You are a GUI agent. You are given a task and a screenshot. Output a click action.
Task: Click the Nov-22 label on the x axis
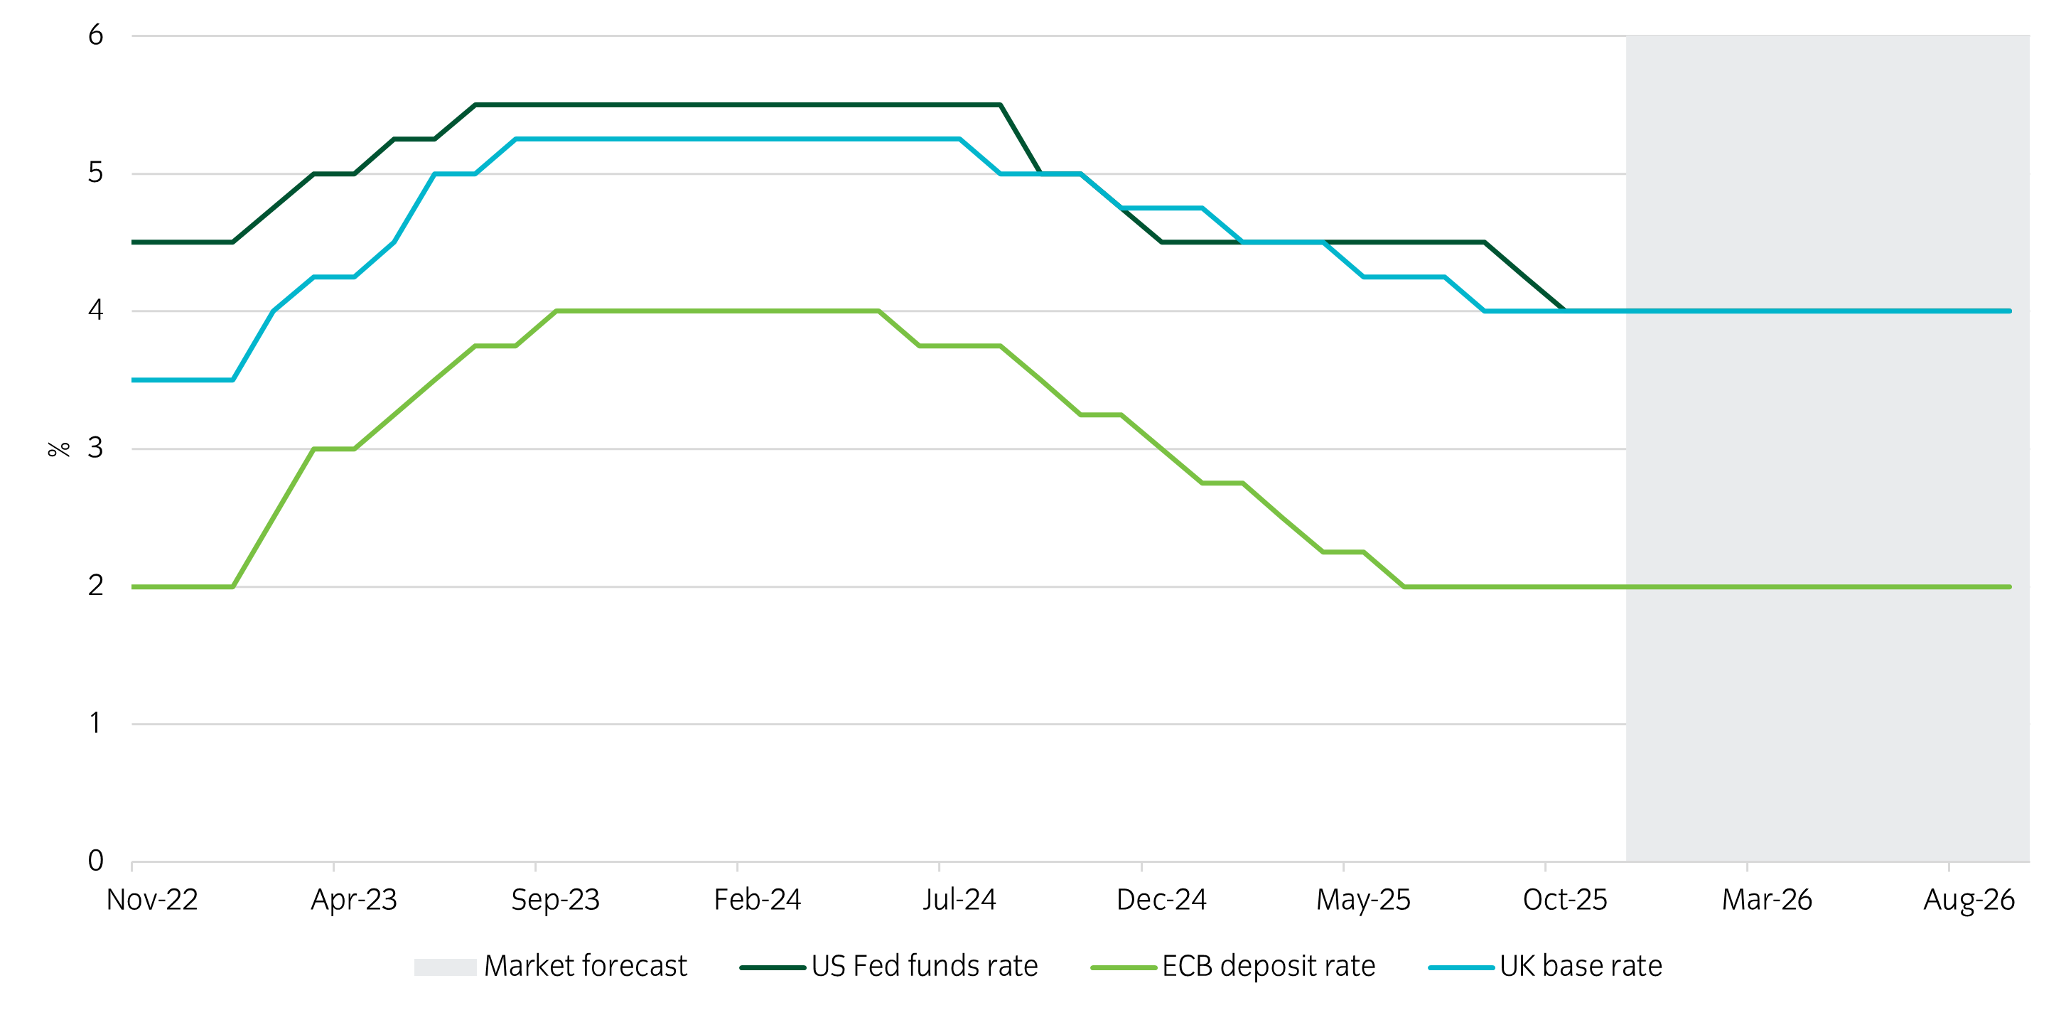click(151, 899)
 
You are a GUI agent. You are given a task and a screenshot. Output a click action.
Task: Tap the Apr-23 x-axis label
click(354, 899)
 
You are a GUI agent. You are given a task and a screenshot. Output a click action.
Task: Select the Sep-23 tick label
click(555, 899)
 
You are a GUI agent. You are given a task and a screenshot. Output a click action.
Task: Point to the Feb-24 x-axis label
click(757, 899)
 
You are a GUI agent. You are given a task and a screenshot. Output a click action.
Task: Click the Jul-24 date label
click(959, 899)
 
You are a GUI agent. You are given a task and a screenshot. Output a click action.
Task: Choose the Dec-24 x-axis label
click(1161, 899)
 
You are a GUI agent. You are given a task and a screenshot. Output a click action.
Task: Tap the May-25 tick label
click(1362, 899)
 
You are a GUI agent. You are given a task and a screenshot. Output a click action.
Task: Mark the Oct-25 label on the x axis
click(1565, 899)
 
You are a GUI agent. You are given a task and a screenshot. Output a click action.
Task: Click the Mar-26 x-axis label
click(1767, 899)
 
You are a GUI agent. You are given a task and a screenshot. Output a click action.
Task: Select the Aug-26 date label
click(1969, 899)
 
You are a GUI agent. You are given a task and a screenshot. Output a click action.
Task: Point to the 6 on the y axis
click(95, 36)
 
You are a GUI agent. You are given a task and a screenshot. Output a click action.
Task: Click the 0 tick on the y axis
click(95, 861)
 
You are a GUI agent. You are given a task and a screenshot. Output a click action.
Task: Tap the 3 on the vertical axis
click(95, 448)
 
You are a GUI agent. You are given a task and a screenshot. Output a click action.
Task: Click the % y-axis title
click(58, 449)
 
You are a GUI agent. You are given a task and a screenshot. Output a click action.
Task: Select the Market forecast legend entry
click(586, 965)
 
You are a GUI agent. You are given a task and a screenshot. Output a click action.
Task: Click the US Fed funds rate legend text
click(924, 965)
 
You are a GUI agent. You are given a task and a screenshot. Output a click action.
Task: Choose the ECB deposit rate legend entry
click(1268, 965)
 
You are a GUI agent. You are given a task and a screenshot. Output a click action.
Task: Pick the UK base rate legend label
click(1580, 965)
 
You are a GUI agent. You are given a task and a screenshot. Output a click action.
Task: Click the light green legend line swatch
click(1123, 967)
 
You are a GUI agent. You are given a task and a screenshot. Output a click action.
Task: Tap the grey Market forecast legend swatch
click(445, 967)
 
